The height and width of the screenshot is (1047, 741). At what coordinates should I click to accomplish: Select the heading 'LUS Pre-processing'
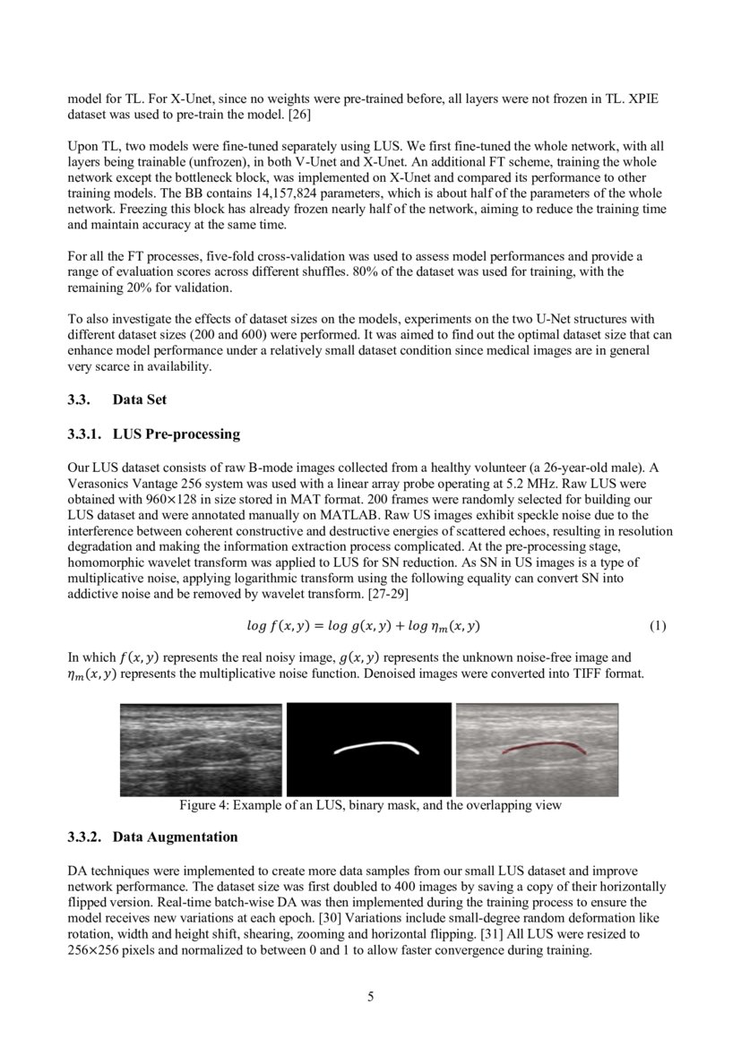[177, 434]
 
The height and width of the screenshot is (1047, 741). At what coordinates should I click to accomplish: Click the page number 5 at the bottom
[370, 997]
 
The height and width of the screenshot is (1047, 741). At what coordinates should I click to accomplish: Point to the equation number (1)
[657, 626]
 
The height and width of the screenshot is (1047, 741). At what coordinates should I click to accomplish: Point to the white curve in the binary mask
[376, 746]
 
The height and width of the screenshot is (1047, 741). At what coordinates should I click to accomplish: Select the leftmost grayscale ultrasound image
[201, 750]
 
